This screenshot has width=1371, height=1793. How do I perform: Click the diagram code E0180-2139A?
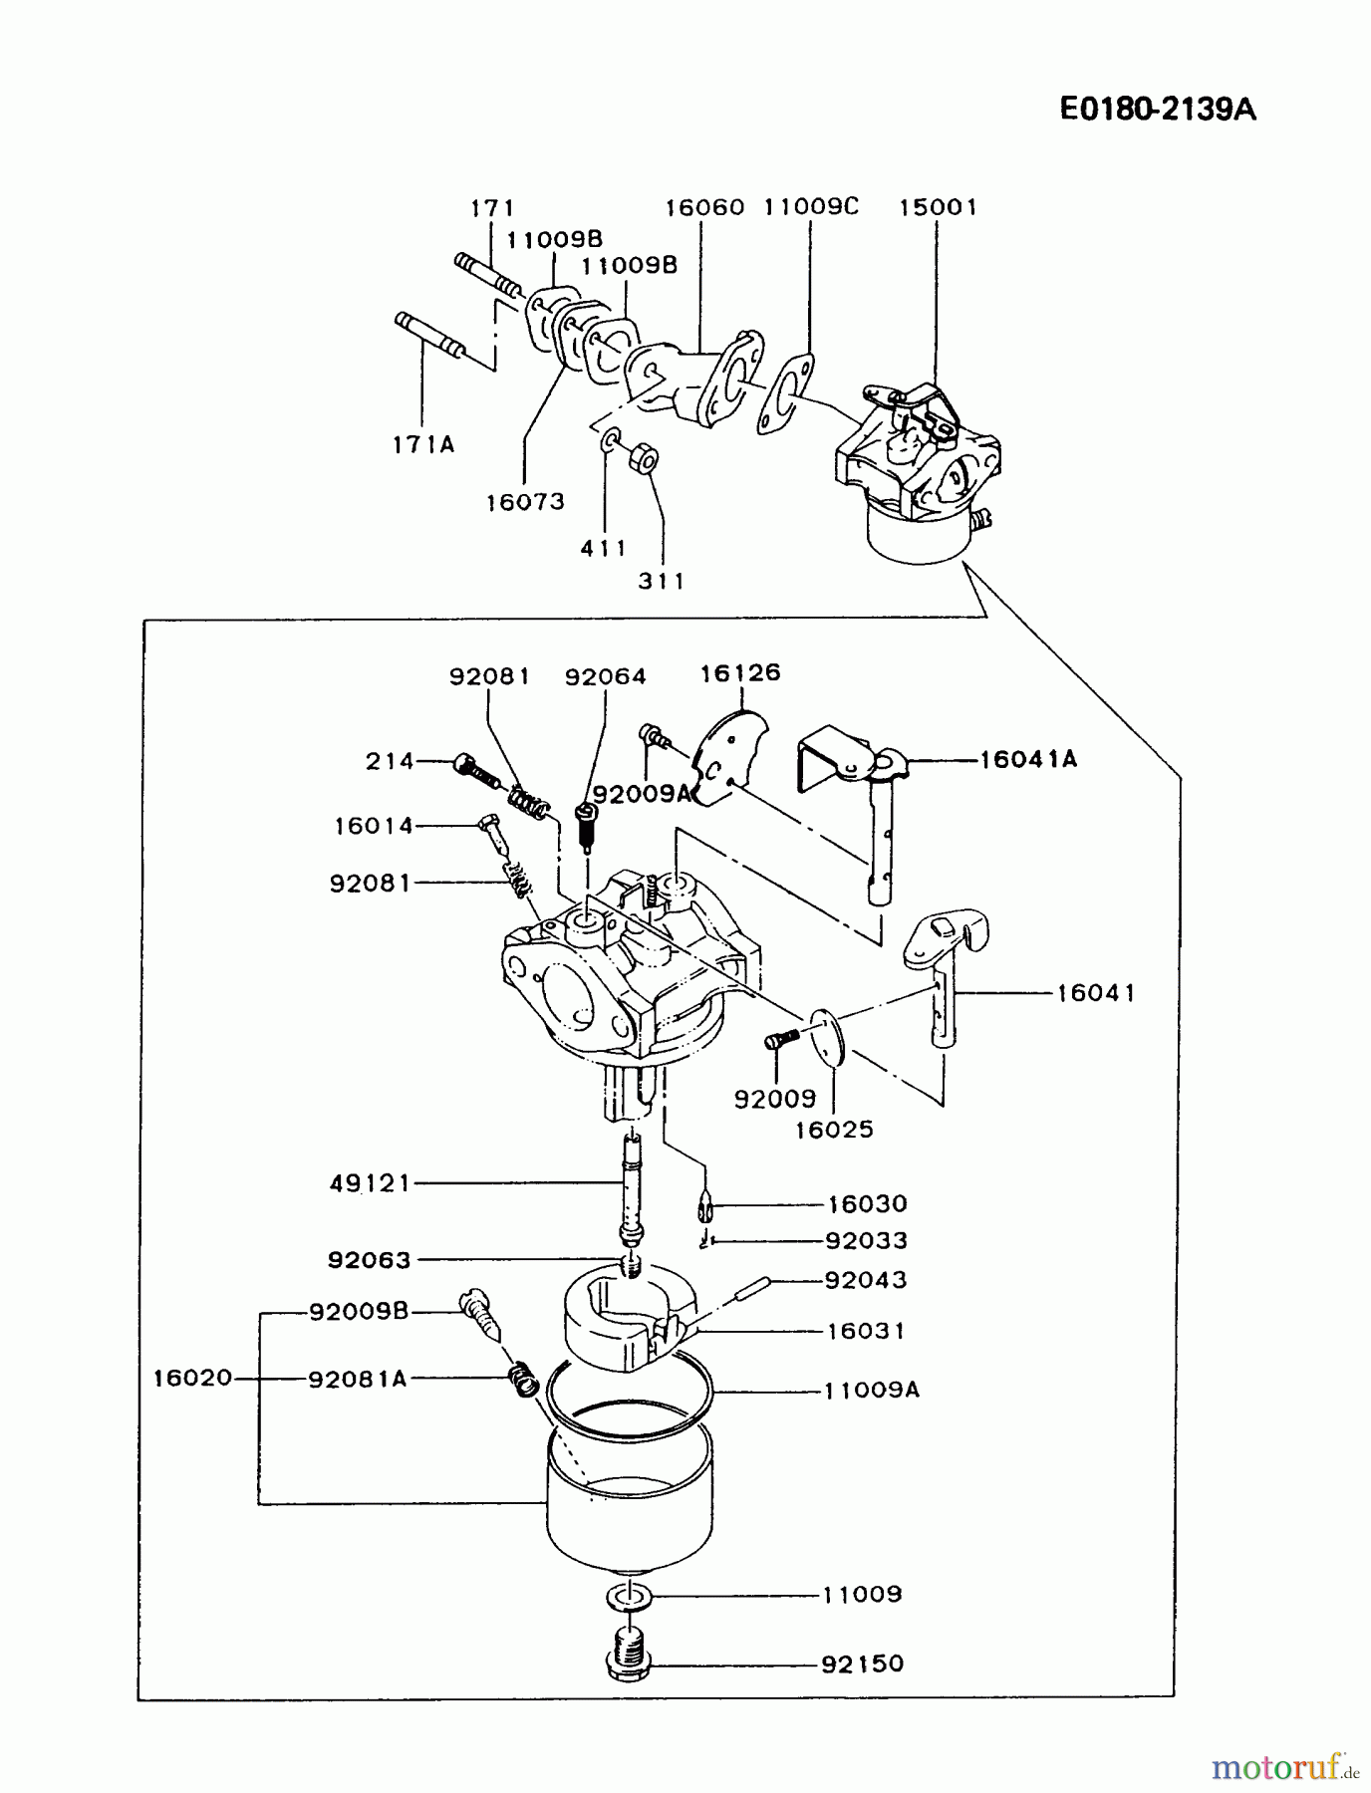[1157, 109]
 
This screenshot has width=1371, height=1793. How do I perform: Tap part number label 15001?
[939, 207]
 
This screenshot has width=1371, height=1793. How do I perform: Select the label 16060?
[704, 207]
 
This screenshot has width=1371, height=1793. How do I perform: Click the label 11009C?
[811, 206]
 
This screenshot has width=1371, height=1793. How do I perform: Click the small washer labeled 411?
[610, 439]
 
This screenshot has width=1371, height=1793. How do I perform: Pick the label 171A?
[423, 445]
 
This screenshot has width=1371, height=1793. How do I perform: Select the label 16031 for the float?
[866, 1331]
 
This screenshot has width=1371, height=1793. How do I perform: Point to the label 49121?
[370, 1183]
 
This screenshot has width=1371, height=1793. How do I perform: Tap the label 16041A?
[1028, 760]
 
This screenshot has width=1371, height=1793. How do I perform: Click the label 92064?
[605, 676]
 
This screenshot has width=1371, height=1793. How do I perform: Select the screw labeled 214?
[476, 768]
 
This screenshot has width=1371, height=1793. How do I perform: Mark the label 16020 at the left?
[192, 1378]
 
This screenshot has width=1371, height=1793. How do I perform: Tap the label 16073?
[525, 502]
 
